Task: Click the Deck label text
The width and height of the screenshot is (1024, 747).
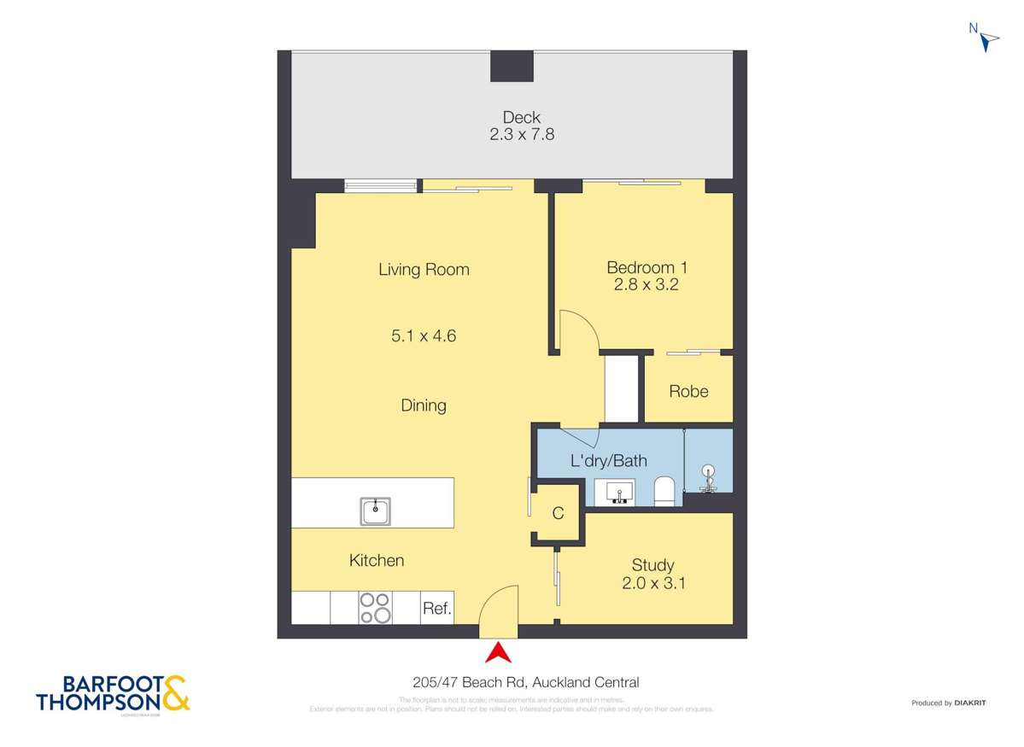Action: (521, 117)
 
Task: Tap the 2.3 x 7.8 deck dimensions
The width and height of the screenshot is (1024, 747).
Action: (521, 134)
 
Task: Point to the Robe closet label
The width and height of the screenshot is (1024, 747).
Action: (688, 391)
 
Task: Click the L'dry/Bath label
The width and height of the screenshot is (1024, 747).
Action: (608, 461)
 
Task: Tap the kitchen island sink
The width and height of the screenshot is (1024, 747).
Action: (375, 511)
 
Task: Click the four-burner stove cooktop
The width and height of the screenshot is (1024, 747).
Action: (375, 608)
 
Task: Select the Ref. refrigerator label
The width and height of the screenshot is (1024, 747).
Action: (436, 610)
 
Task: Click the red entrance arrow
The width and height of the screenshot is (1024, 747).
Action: (498, 653)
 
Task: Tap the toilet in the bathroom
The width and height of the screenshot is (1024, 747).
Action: (664, 491)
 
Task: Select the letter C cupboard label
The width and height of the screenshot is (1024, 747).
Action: (558, 513)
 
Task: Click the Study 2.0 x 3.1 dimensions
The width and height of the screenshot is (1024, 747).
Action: (653, 584)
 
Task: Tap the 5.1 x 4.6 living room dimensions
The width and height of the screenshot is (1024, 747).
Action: (424, 336)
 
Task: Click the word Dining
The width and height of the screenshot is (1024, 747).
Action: (424, 406)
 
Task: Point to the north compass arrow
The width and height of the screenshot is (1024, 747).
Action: (989, 39)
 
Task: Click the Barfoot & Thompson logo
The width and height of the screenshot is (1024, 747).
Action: (113, 694)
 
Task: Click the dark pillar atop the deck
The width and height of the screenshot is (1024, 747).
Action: (512, 66)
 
